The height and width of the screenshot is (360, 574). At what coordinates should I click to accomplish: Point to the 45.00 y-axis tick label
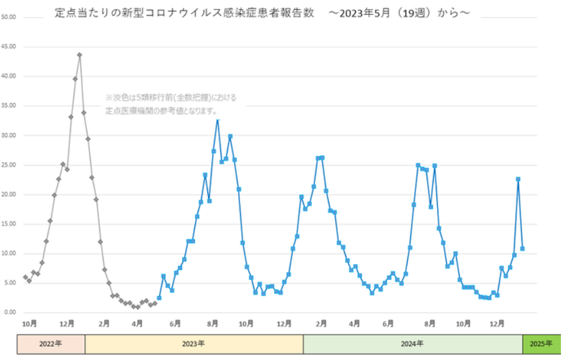tap(9, 47)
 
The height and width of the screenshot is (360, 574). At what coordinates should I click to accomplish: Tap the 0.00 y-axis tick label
tap(10, 312)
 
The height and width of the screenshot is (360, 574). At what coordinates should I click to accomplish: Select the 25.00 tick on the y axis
tap(9, 165)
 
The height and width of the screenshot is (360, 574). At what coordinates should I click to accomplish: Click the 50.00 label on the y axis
tap(9, 17)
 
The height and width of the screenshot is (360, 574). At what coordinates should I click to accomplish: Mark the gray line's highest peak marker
tap(80, 55)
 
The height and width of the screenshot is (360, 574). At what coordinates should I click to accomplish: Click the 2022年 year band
tap(50, 344)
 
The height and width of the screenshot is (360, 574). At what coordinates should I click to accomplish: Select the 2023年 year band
tap(194, 344)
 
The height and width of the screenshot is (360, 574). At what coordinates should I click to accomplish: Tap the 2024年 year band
tap(412, 344)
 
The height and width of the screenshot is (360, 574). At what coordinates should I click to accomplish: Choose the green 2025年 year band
tap(541, 344)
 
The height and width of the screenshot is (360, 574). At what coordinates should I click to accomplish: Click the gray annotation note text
tap(171, 104)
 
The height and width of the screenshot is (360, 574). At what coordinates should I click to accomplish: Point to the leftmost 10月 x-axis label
tap(29, 323)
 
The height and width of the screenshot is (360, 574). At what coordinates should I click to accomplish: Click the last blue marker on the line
tap(522, 248)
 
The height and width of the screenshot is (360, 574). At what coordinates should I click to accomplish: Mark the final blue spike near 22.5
tap(518, 179)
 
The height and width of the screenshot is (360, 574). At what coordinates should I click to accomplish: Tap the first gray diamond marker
tap(25, 277)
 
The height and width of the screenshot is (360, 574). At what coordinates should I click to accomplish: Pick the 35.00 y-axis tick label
tap(9, 106)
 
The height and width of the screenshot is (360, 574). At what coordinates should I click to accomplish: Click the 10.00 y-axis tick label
tap(9, 254)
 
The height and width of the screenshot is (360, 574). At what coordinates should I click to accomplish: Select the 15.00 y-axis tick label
tap(9, 224)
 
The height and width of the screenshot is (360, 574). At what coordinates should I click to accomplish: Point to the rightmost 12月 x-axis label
tap(497, 323)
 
